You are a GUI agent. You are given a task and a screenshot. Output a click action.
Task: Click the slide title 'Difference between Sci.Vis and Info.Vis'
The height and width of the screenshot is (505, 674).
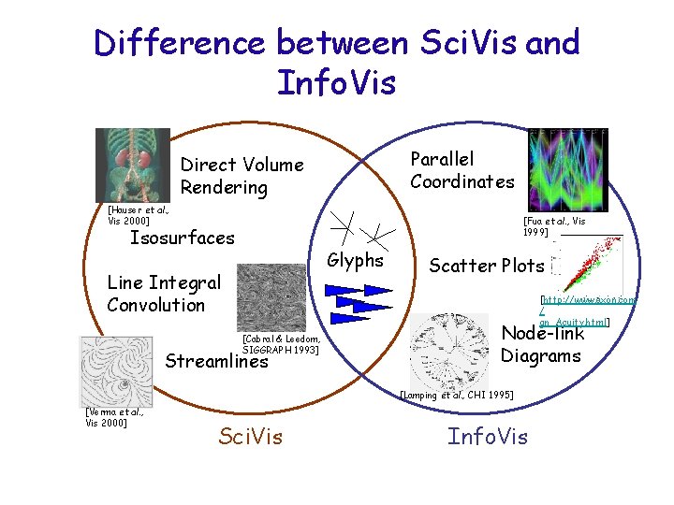click(337, 62)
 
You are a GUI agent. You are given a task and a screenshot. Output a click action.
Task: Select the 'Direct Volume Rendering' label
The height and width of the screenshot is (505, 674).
click(242, 176)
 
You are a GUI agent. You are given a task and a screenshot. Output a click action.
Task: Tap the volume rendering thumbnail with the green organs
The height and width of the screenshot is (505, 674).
click(120, 166)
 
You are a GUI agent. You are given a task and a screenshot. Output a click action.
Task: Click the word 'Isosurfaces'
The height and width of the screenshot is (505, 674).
click(182, 238)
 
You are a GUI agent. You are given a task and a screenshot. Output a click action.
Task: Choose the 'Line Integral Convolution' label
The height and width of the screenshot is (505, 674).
click(164, 294)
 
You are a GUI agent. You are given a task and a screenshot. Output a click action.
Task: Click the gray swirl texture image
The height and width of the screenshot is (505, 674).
click(271, 296)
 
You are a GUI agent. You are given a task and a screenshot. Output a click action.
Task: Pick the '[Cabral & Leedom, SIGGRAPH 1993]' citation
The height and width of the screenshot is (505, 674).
click(281, 343)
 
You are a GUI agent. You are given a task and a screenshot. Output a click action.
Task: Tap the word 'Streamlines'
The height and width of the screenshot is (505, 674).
click(216, 361)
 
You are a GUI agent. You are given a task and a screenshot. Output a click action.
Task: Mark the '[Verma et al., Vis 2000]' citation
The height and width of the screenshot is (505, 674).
click(113, 417)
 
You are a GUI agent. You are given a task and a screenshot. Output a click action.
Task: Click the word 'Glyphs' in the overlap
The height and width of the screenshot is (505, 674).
click(355, 261)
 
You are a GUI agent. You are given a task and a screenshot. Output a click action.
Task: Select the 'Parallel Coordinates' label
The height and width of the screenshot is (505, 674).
click(462, 170)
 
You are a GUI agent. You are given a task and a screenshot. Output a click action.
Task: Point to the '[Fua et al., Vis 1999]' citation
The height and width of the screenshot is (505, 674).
click(553, 225)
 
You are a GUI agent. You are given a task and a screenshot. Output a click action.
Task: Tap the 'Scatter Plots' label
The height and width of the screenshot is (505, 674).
click(486, 266)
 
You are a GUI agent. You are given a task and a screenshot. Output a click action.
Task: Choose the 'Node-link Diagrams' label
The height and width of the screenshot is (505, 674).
click(542, 344)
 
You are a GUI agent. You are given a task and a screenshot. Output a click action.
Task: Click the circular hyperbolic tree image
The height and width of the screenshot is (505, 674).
click(456, 347)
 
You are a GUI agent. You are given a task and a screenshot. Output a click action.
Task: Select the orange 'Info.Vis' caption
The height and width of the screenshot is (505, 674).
click(487, 436)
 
